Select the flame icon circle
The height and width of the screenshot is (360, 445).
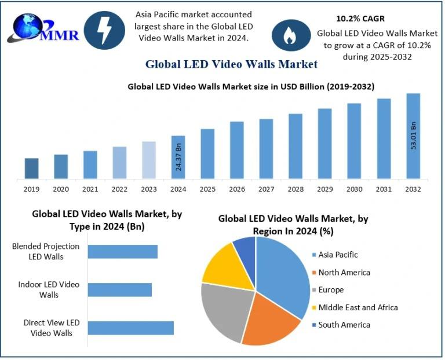pyautogui.click(x=288, y=36)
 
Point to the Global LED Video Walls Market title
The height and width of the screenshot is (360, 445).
pyautogui.click(x=231, y=63)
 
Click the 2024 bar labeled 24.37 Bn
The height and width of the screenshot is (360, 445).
pyautogui.click(x=178, y=157)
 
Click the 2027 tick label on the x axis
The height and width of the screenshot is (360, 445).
pyautogui.click(x=266, y=189)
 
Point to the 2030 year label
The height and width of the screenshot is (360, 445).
pyautogui.click(x=354, y=189)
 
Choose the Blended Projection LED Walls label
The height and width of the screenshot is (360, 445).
pyautogui.click(x=46, y=251)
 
